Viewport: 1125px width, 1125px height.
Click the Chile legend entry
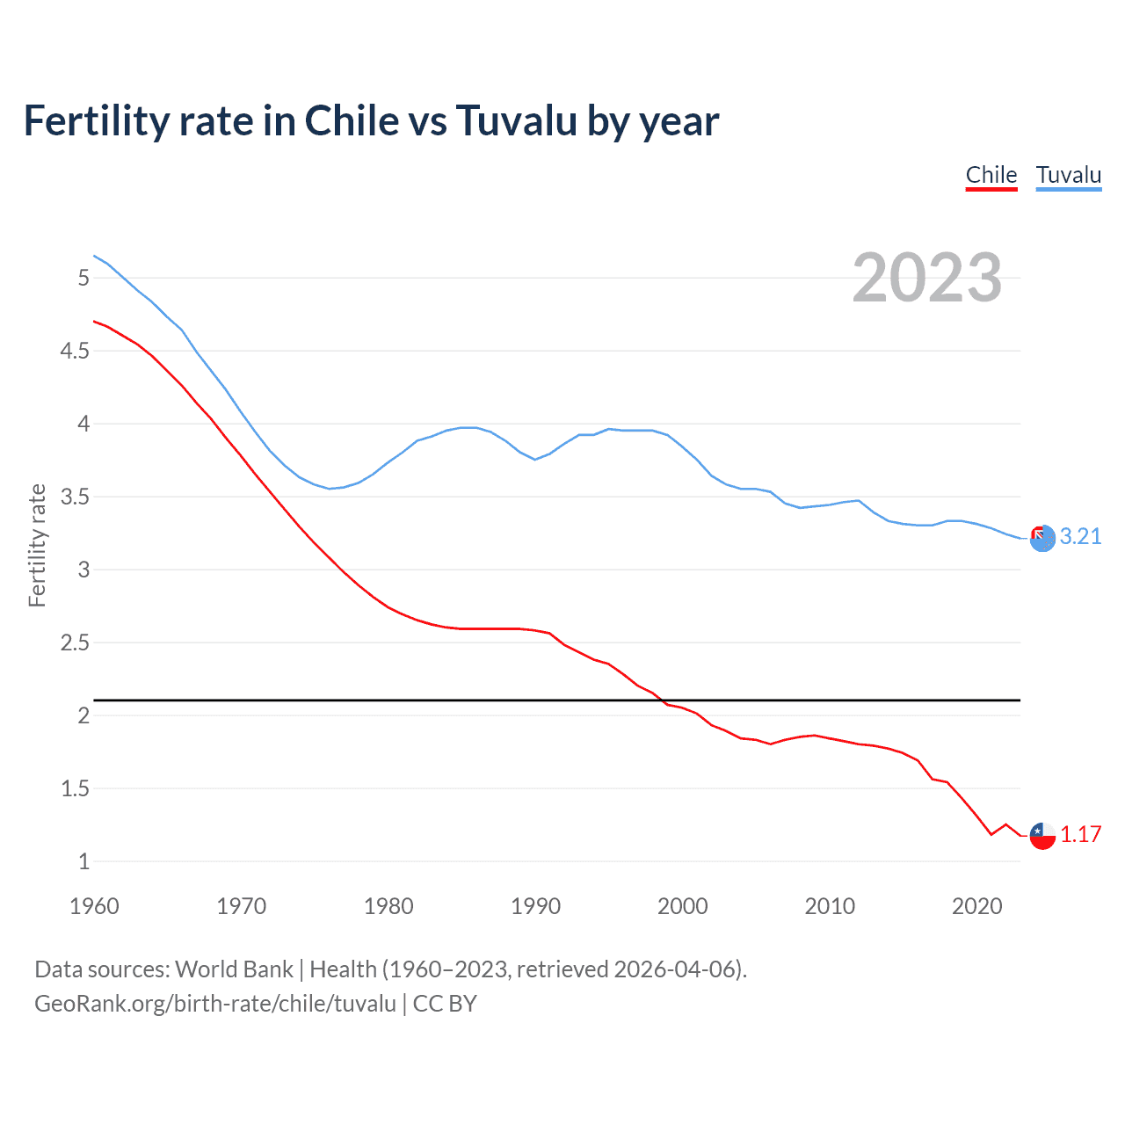coord(991,175)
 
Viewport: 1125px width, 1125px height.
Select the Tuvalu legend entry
coord(1068,175)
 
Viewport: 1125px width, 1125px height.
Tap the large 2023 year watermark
coord(926,278)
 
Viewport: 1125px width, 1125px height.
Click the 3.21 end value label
coord(1080,536)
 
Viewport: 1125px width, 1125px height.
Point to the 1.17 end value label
coord(1080,834)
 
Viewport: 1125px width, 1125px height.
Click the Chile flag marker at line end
coord(1042,835)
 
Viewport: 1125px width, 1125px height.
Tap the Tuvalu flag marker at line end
coord(1042,538)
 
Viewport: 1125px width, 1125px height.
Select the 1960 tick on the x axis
coord(94,906)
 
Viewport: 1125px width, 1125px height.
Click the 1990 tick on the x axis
coord(535,906)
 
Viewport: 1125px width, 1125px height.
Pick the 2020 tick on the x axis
coord(976,906)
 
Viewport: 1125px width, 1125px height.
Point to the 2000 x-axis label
coord(682,906)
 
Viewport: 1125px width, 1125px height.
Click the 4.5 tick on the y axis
coord(75,351)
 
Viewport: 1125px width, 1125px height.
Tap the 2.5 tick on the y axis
coord(75,642)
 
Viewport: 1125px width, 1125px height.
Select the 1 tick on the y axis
coord(83,861)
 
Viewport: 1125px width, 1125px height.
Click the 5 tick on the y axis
coord(83,278)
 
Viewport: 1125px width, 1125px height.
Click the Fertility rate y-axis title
coord(37,545)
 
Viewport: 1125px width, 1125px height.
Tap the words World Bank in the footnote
coord(234,969)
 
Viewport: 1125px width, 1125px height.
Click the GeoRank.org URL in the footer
coord(215,1004)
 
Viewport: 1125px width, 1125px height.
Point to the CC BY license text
coord(445,1004)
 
